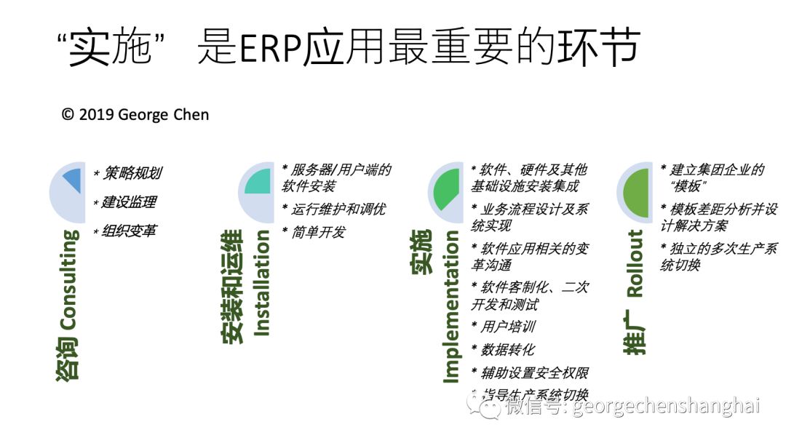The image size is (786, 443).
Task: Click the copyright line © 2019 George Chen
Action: (x=135, y=114)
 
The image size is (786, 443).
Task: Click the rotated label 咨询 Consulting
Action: (x=69, y=306)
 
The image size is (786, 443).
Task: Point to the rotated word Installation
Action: (x=263, y=284)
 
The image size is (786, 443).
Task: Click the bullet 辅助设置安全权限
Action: (x=530, y=372)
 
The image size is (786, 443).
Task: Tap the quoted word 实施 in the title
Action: (x=109, y=50)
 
